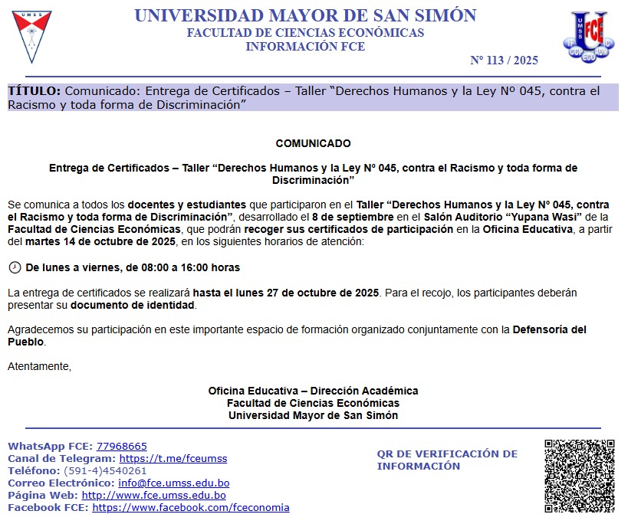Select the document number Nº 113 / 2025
[504, 61]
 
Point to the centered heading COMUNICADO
[313, 143]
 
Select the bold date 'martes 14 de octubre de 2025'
[99, 241]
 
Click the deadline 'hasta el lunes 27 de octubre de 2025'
[286, 293]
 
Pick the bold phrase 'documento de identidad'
[133, 305]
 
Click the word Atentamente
[39, 366]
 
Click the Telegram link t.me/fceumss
[173, 459]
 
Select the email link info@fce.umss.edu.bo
[174, 483]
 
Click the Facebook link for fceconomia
[191, 508]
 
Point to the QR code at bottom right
[580, 476]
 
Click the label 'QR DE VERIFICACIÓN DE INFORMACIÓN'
[447, 460]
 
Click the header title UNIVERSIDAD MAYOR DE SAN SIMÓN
[305, 16]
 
